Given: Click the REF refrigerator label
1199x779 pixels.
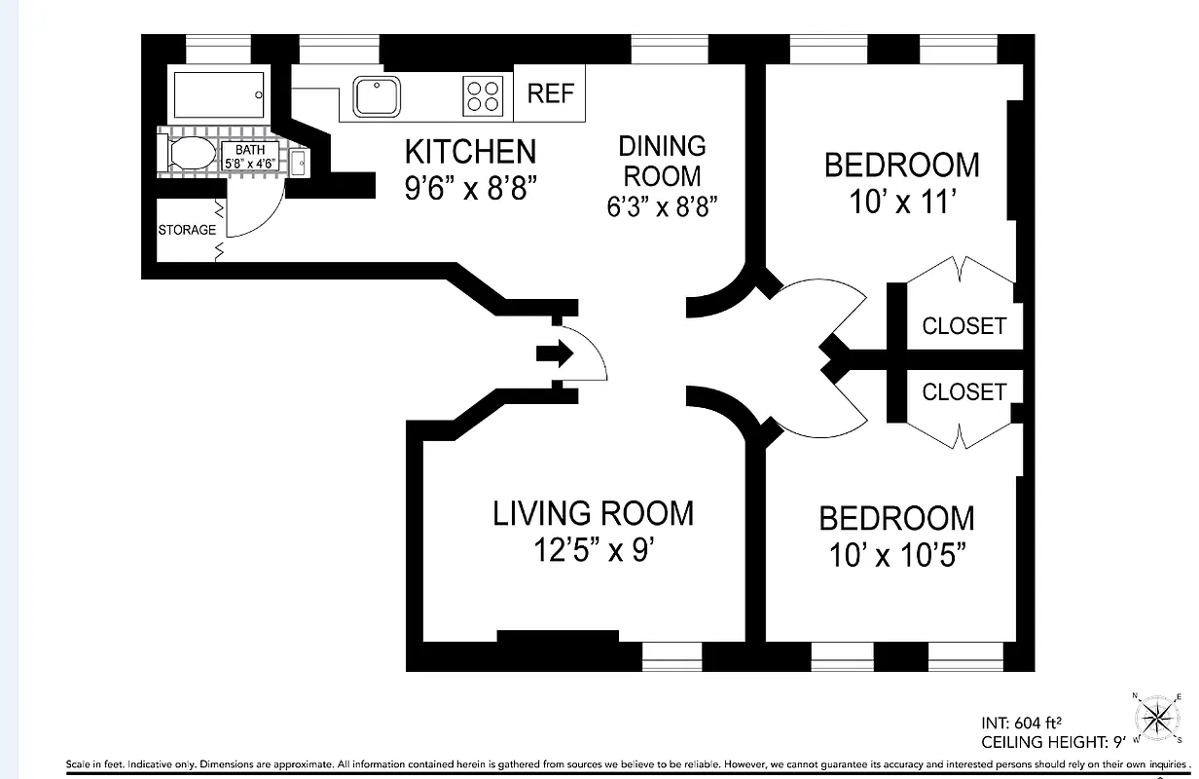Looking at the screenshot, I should point(551,94).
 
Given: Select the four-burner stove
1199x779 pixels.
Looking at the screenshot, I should point(484,95).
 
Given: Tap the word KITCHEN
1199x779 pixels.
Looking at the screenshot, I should point(470,152).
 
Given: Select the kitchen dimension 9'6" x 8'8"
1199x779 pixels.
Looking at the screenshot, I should point(470,187).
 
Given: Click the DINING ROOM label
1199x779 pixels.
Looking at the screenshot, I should point(662,161).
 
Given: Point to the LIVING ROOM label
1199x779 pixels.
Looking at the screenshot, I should point(594,513).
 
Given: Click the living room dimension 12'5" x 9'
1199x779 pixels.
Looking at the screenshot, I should point(593,551).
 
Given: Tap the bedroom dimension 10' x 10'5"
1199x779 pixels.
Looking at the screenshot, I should point(896,555).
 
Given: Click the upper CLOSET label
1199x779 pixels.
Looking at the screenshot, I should point(963,325).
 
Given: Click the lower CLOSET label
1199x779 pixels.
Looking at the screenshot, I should point(963,391).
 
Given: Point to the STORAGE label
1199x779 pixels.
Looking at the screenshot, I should point(187,231).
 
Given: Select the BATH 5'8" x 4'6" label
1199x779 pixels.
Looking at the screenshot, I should point(250,156).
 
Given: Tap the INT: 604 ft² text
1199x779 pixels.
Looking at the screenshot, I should point(1021,723).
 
